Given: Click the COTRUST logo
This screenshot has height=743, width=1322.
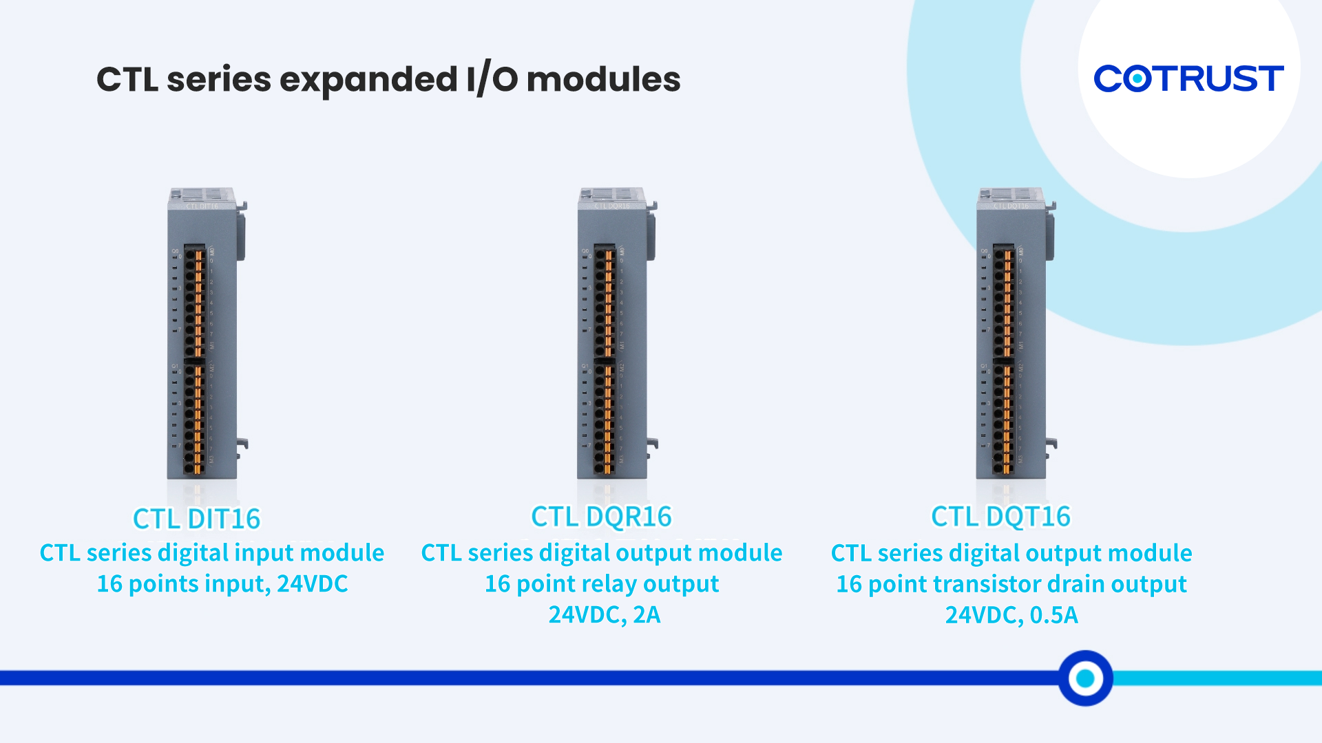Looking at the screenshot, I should click(1188, 78).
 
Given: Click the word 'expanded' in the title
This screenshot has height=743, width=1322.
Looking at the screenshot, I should click(368, 80).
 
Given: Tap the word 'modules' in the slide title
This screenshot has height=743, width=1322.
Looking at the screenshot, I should click(603, 80).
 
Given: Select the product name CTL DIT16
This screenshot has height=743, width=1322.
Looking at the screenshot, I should click(197, 519).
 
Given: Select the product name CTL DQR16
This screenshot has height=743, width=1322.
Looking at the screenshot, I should click(601, 517).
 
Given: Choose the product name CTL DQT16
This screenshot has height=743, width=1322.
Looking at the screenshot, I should click(1000, 517).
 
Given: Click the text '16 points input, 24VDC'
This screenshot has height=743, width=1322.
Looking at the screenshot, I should click(222, 584).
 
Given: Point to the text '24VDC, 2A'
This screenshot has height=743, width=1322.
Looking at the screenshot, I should click(604, 614).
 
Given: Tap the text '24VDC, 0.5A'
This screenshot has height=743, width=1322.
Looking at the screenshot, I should click(1011, 614).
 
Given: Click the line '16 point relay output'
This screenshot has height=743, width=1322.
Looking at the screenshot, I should click(602, 584).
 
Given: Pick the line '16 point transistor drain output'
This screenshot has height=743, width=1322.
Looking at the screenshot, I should click(1011, 584).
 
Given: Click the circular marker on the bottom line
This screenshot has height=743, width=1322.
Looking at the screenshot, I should click(1085, 678).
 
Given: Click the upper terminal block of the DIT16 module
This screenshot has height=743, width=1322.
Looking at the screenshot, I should click(195, 301).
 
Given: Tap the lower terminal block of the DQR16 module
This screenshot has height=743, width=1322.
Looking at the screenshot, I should click(605, 418).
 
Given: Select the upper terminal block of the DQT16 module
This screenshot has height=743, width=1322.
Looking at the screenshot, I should click(1004, 301).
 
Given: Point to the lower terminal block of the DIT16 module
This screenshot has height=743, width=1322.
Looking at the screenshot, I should click(195, 418).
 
